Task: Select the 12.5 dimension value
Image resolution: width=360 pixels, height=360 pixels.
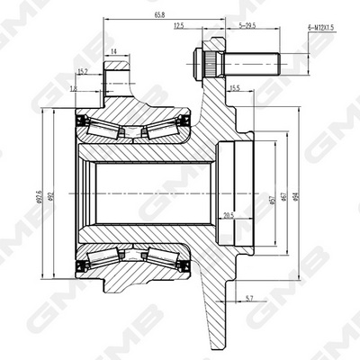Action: (x=179, y=27)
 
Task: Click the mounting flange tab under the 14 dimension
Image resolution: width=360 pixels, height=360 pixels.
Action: (x=114, y=76)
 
